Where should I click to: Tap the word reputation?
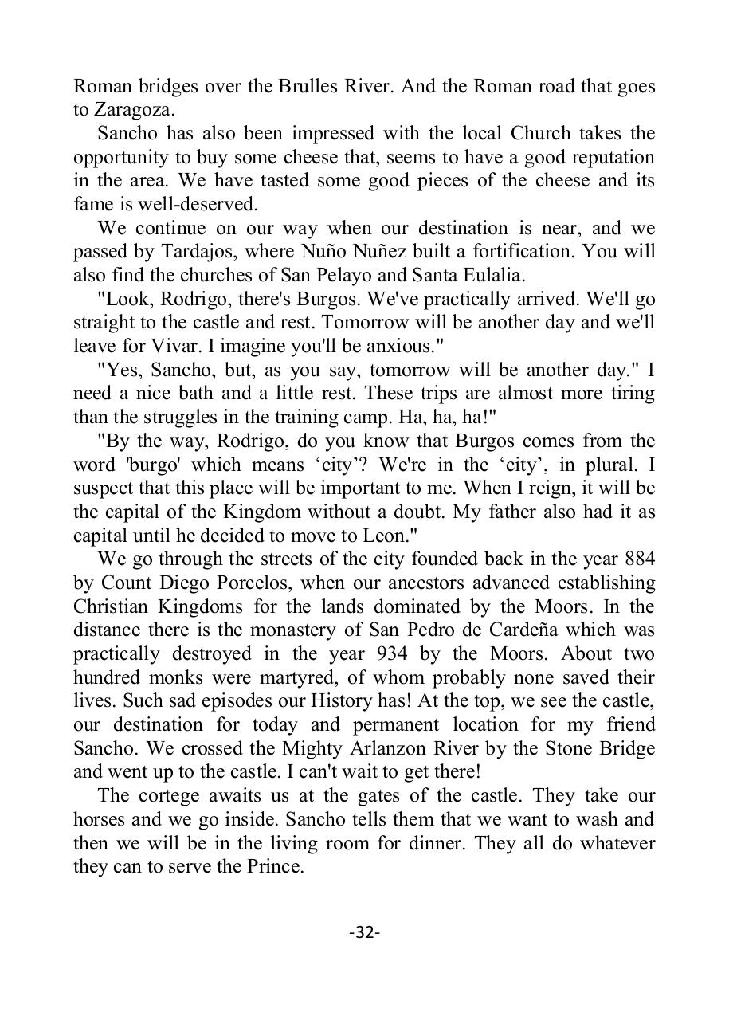click(605, 157)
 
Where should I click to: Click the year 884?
click(637, 559)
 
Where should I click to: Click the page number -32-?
click(364, 932)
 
